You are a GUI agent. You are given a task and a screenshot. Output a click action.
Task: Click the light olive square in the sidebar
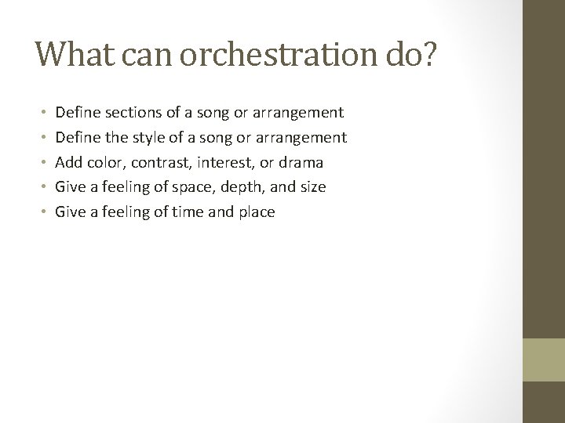click(x=543, y=360)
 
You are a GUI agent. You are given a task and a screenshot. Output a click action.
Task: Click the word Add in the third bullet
click(x=69, y=162)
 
